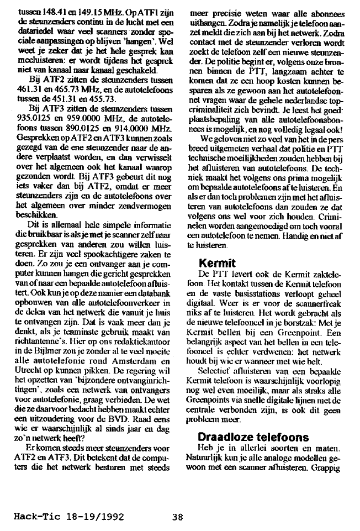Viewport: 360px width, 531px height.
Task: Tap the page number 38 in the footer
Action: click(177, 518)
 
